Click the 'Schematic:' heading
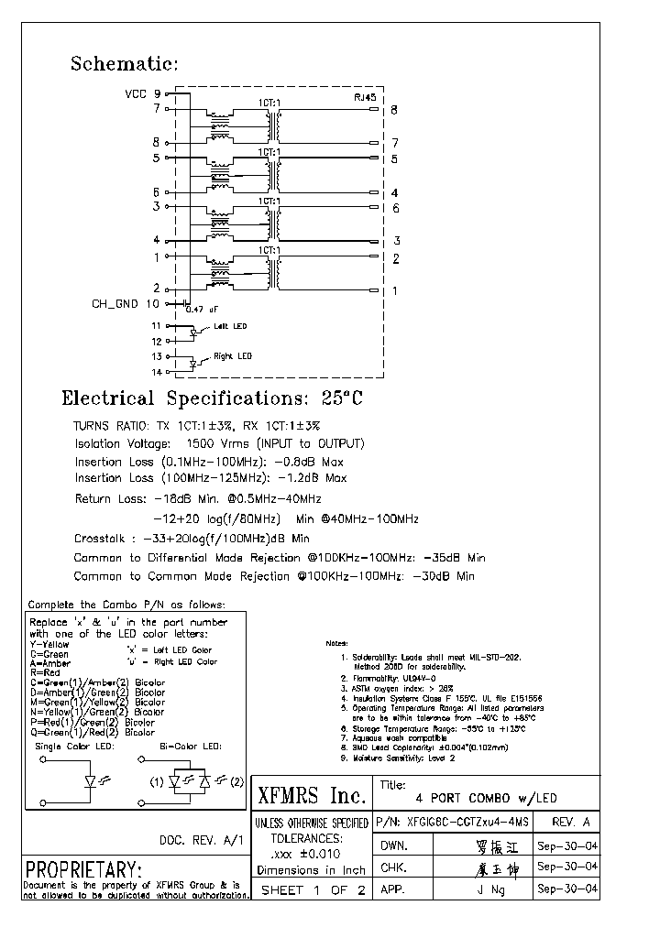124,64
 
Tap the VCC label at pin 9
135,93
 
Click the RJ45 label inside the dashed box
365,96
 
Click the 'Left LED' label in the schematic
229,326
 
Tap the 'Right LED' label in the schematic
232,356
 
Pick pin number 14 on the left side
156,372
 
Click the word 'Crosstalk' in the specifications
101,539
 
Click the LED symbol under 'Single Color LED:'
92,782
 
